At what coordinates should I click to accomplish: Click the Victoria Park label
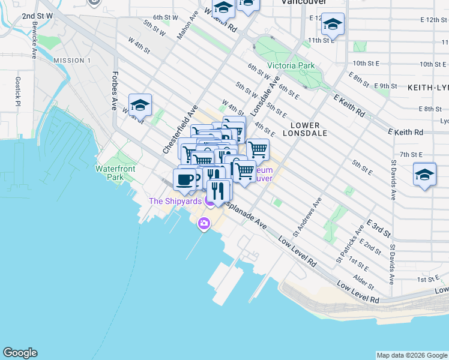(291, 65)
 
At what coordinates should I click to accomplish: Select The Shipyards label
(175, 201)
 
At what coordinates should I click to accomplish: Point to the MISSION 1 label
(71, 61)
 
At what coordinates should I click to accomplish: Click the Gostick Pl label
(18, 91)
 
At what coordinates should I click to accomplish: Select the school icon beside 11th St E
(333, 24)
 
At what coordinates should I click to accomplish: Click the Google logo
(20, 353)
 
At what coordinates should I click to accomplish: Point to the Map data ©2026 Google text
(412, 355)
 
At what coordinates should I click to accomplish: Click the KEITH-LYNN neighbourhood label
(427, 88)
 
